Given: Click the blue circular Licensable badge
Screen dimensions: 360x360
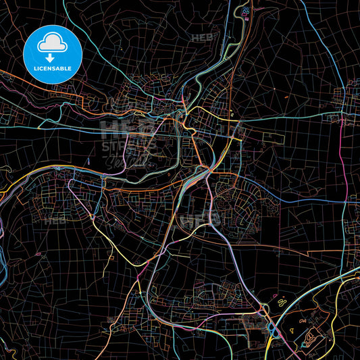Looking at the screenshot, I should [52, 54].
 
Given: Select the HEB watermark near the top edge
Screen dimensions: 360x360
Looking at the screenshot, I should [201, 37].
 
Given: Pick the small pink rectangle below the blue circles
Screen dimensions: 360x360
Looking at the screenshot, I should [244, 25].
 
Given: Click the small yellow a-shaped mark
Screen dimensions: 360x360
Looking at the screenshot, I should [232, 115].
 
